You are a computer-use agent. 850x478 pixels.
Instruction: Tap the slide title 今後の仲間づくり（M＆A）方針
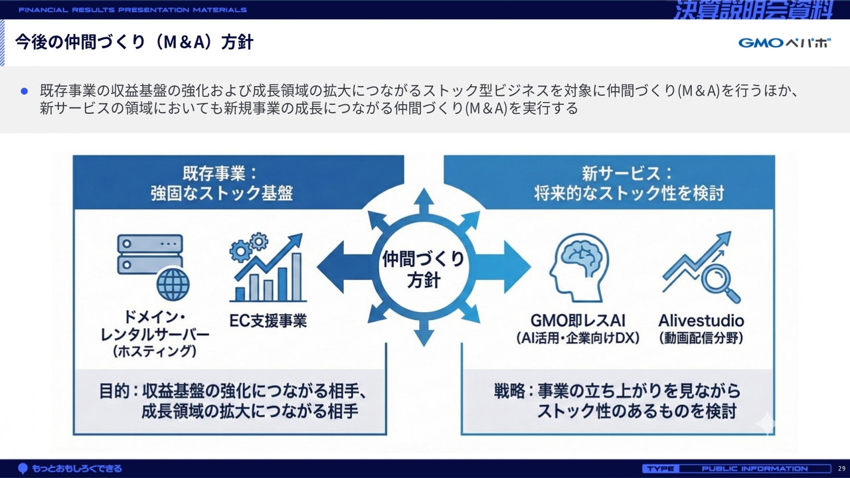coord(134,42)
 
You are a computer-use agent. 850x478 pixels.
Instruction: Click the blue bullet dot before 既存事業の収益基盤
coord(25,91)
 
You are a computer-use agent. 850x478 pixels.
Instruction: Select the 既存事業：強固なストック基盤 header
coord(222,183)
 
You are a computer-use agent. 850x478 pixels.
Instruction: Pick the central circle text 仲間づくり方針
coord(423,269)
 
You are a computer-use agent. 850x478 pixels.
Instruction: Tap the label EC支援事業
coord(268,321)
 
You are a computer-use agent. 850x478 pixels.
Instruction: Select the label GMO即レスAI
coord(578,321)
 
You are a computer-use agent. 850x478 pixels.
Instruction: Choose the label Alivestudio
coord(701,321)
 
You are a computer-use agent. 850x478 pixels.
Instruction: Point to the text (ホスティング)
coord(155,351)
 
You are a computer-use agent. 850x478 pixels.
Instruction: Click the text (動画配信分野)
coord(701,338)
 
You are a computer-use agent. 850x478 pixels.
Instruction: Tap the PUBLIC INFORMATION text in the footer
coord(754,469)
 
